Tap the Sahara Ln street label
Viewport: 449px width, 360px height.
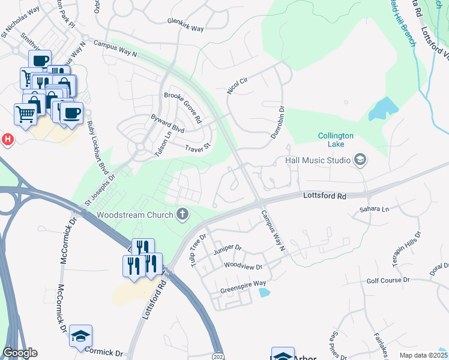375,209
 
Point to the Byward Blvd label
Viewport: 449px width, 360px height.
167,124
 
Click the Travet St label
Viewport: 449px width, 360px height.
199,146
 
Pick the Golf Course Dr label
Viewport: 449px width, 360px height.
388,280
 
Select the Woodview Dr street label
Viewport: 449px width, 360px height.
243,266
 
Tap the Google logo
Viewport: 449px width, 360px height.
20,353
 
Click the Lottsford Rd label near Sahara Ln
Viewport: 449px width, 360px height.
325,196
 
